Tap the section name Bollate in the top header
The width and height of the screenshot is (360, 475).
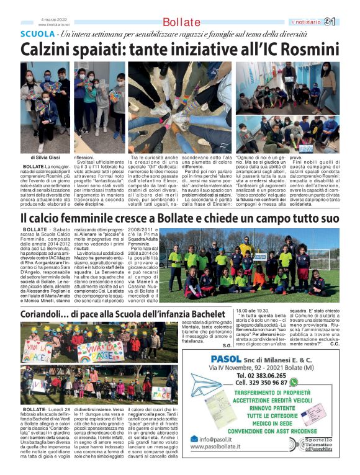click(182, 22)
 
